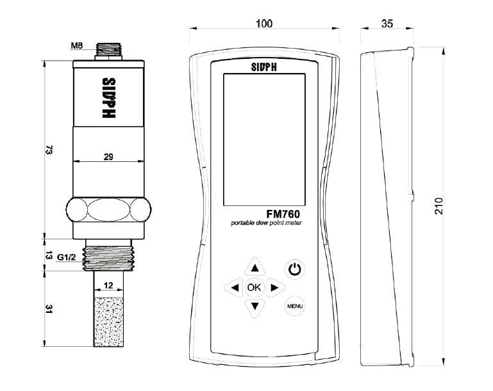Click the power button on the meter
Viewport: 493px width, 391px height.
coord(294,269)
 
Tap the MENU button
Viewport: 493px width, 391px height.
coord(294,306)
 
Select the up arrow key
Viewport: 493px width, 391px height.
coord(255,268)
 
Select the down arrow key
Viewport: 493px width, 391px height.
coord(255,306)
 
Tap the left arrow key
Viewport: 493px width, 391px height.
coord(235,287)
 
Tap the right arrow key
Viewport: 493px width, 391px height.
coord(274,287)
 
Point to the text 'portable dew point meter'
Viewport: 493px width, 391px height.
coord(266,223)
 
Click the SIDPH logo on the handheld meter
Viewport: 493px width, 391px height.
coord(263,65)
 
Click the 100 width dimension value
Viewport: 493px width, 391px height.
coord(263,24)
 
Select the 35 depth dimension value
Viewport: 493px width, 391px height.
coord(387,24)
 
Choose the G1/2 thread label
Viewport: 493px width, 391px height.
coord(67,257)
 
